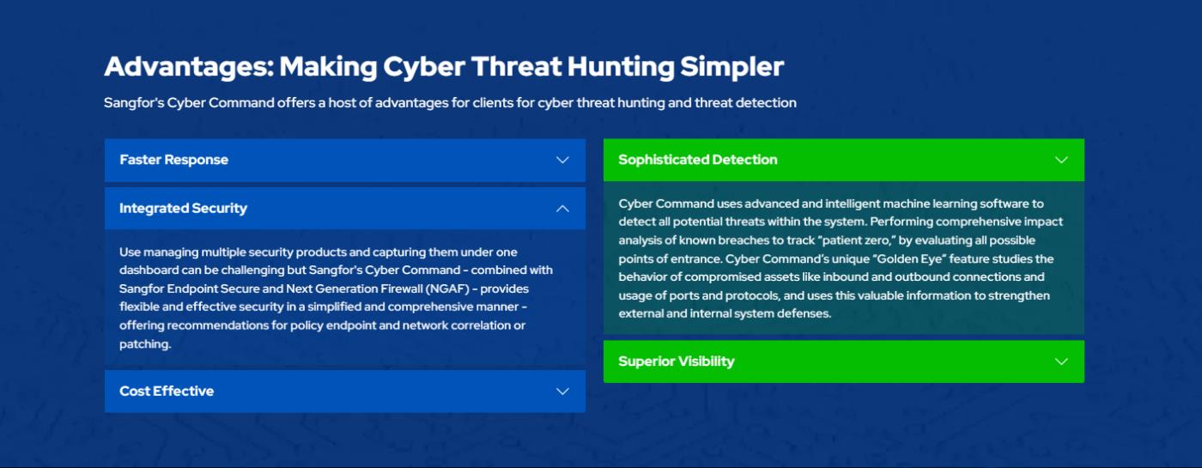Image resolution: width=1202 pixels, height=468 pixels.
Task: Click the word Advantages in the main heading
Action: coord(190,68)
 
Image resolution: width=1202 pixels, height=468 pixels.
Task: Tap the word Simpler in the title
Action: coord(732,68)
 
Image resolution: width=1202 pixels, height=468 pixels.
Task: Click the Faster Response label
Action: coord(173,160)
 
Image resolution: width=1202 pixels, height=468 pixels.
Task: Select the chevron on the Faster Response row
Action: coord(562,160)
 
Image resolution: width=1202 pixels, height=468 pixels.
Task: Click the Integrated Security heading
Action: coord(183,209)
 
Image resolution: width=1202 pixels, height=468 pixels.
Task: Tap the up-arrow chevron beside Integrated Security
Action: coord(562,208)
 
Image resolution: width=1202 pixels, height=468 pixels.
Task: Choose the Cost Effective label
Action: coord(167,392)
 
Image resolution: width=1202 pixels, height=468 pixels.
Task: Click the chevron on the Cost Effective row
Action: coord(562,392)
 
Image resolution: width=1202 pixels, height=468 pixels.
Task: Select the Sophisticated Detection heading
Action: coord(697,160)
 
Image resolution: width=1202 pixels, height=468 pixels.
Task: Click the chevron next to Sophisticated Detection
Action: coord(1061,160)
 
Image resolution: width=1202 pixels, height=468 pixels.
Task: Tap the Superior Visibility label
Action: coord(677,362)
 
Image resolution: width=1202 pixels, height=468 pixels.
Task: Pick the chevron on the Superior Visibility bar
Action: coord(1061,362)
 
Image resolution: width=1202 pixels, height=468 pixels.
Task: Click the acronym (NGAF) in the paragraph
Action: coord(447,289)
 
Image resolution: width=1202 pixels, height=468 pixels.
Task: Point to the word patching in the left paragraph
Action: coord(145,344)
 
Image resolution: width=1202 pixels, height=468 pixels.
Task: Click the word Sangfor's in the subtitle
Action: coord(134,103)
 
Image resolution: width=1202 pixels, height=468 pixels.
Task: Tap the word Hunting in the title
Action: coord(621,68)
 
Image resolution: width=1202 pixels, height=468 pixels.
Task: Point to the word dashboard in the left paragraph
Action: coord(149,270)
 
